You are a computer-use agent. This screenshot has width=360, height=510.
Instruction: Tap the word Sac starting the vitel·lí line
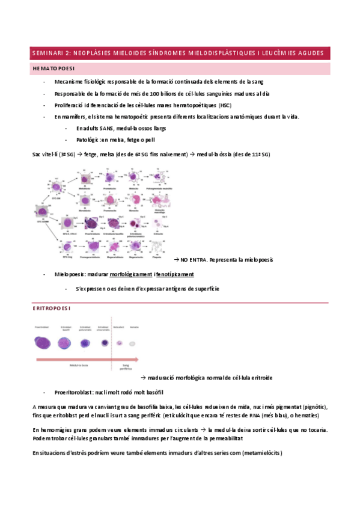pos(37,155)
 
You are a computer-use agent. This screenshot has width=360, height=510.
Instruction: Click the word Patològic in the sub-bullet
pos(88,140)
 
